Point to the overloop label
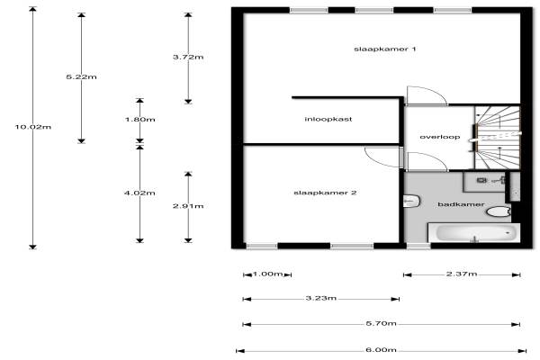pos(440,137)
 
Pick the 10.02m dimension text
pos(33,127)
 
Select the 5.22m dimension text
pos(82,77)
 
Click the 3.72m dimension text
pos(188,57)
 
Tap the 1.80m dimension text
pos(140,120)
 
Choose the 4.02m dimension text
pos(140,192)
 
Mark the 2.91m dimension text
pos(188,206)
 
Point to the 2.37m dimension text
pos(462,273)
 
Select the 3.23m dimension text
pos(320,298)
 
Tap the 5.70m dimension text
pos(382,324)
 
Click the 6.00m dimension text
pos(382,350)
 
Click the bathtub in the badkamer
pos(476,233)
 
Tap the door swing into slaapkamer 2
pos(382,154)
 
